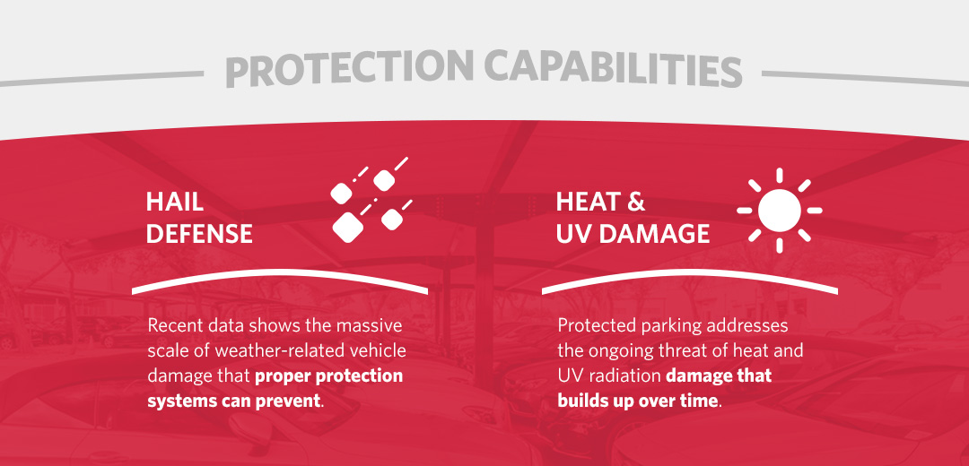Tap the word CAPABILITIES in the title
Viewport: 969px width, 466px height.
[612, 70]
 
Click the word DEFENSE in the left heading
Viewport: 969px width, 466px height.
[199, 234]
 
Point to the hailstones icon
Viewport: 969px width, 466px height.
[368, 202]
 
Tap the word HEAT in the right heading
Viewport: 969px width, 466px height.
[589, 202]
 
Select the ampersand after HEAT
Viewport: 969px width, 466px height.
[636, 202]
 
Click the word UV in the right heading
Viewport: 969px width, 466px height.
[575, 234]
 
